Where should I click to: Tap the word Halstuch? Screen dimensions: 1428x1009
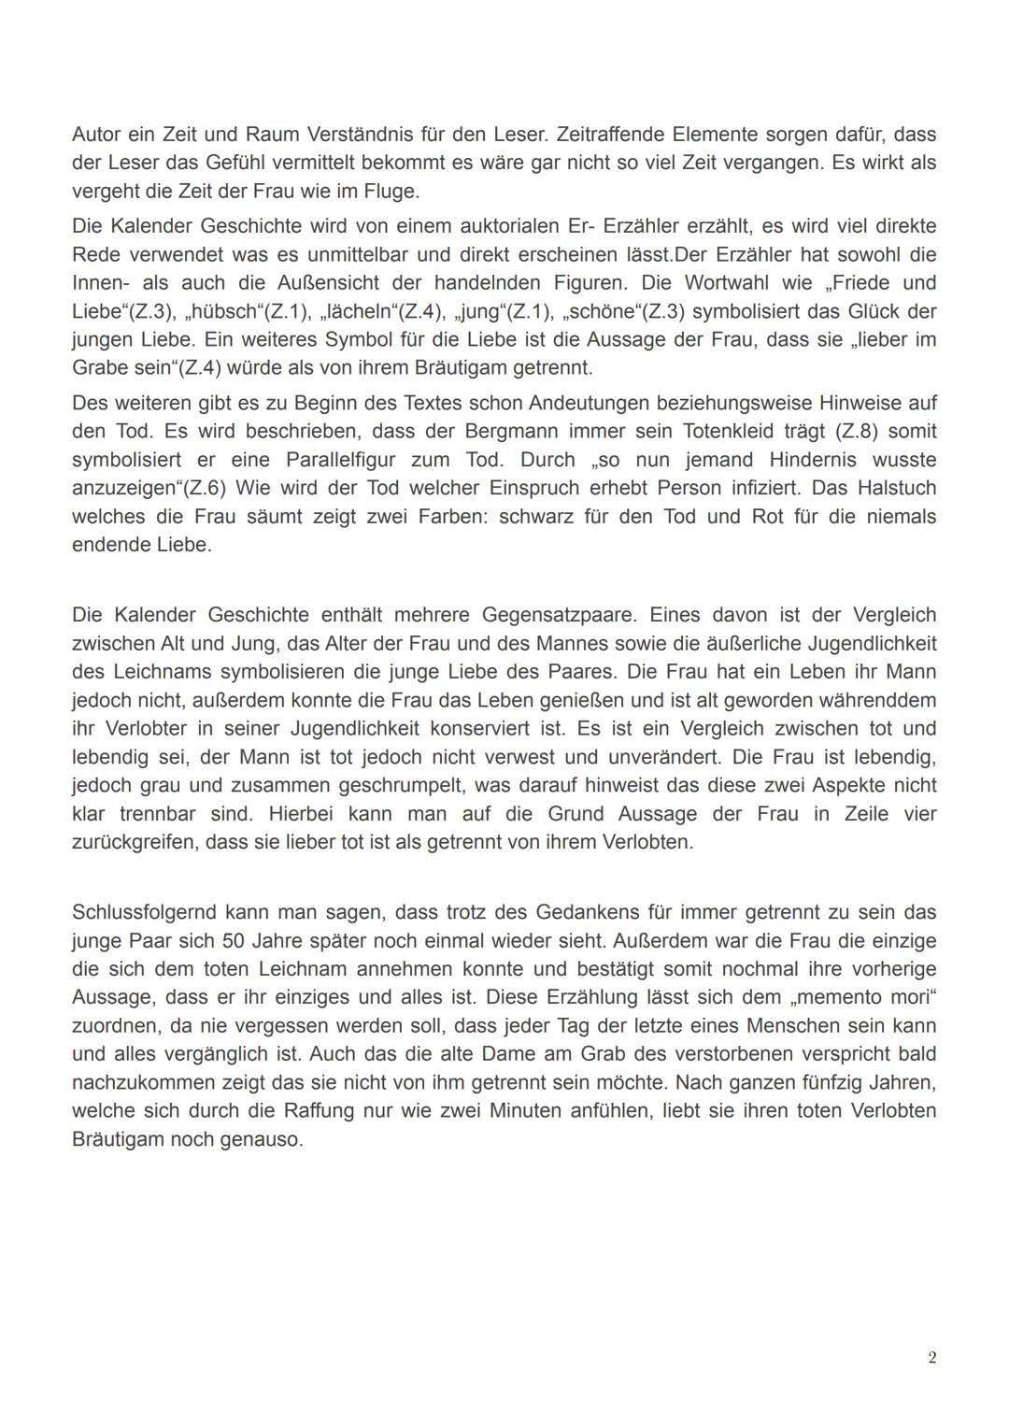coord(896,488)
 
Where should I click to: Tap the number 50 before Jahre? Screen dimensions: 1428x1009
coord(233,940)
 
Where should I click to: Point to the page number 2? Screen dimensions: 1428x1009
coord(931,1358)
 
